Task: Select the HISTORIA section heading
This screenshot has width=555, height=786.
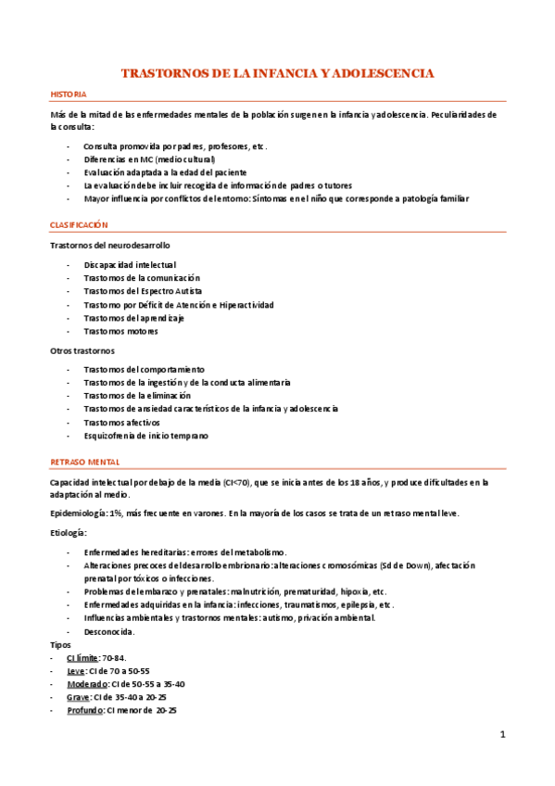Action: (x=69, y=95)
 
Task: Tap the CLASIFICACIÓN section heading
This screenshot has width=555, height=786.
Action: (x=79, y=224)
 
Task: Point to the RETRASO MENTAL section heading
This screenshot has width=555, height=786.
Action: (x=84, y=461)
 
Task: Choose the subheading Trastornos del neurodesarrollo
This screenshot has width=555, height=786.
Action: (x=109, y=245)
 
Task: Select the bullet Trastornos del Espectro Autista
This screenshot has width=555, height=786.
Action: (x=135, y=291)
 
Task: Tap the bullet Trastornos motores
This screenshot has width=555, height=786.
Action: (x=120, y=331)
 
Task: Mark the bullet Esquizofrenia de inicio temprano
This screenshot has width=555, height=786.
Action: (x=145, y=435)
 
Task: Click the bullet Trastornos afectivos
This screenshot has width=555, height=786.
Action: (x=123, y=422)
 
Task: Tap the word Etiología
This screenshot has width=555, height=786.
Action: (x=69, y=533)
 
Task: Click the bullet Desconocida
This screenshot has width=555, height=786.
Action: (x=109, y=631)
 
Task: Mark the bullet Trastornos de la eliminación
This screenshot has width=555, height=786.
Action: (x=136, y=395)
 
